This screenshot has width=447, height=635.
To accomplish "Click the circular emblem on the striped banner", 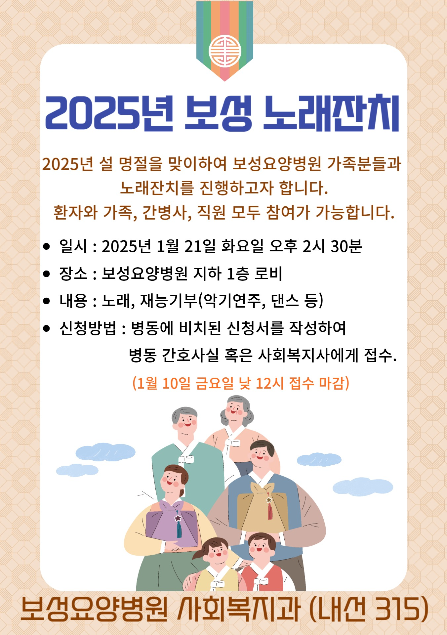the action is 225,51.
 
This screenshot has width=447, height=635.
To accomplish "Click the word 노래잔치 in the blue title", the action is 331,113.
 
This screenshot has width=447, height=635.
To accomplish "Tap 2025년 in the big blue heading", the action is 109,113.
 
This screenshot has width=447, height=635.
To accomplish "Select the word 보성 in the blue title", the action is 218,113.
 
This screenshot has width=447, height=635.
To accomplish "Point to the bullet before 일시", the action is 47,246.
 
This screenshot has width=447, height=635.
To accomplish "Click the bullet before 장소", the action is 47,274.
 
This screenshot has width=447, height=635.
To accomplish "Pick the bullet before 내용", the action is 47,301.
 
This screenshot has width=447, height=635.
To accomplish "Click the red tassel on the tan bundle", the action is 270,511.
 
